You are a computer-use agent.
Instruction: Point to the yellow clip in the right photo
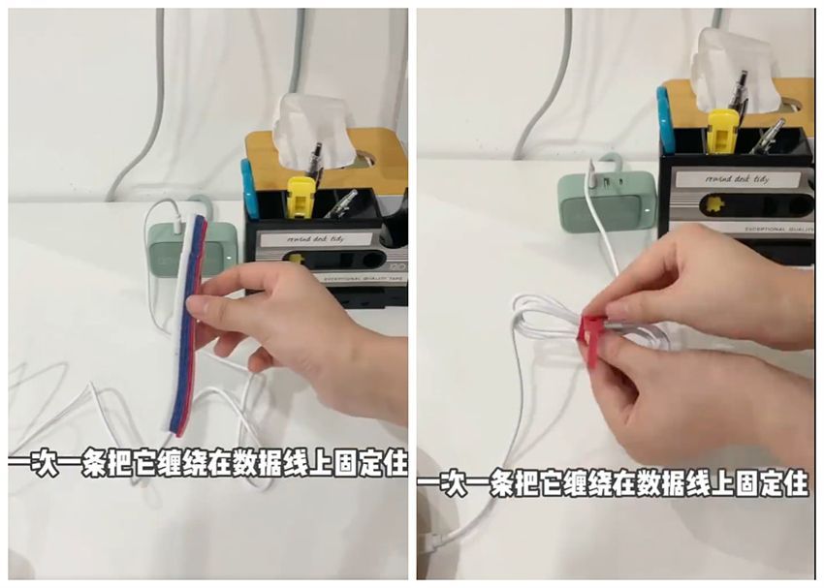(722, 131)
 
